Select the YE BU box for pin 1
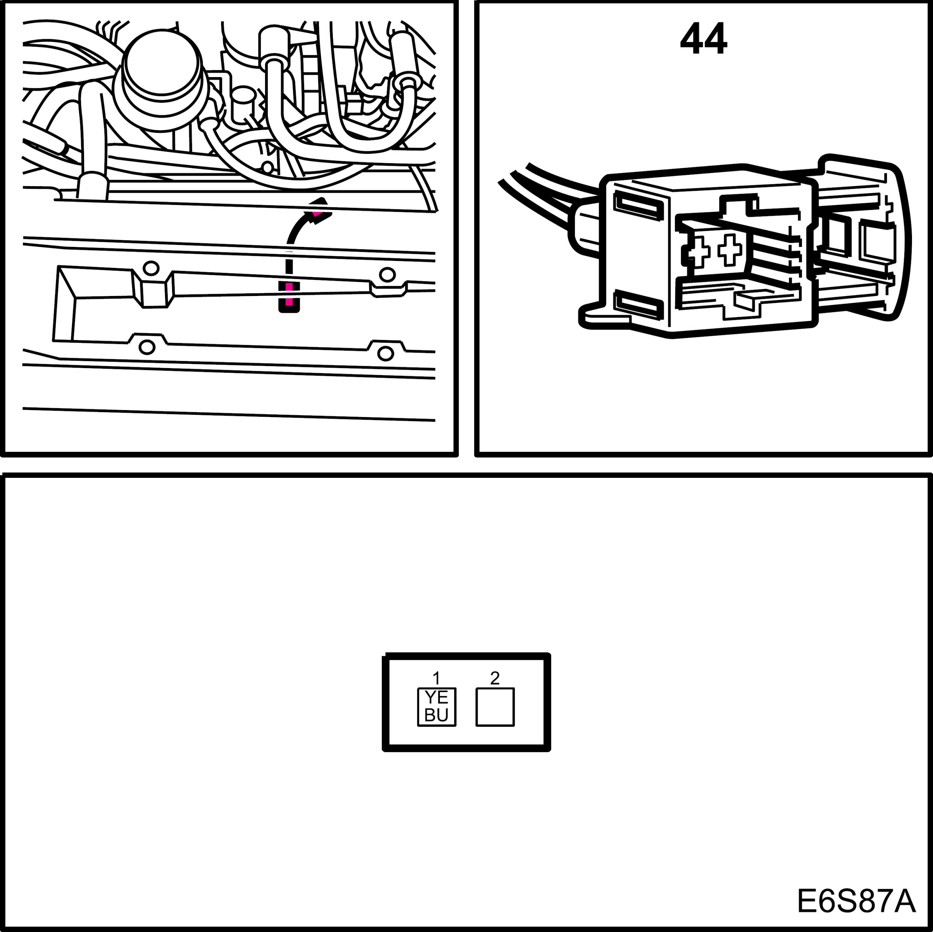(x=437, y=706)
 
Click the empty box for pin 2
(x=495, y=707)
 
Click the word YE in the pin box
(x=437, y=697)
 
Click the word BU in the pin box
(x=437, y=715)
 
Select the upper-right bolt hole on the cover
(x=387, y=275)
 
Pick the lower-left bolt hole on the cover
(x=147, y=346)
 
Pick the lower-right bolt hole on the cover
(x=385, y=354)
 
